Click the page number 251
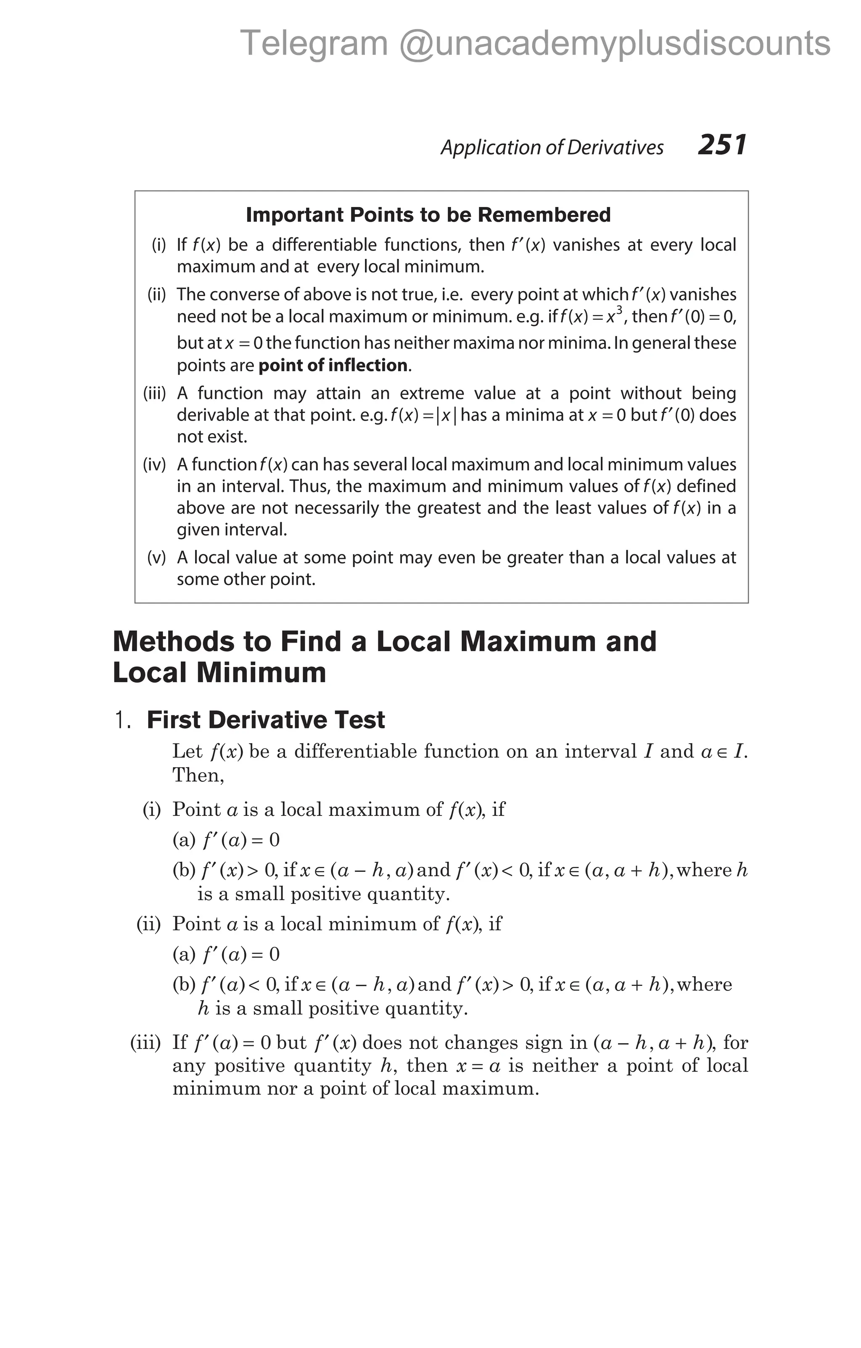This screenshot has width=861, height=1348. pos(722,145)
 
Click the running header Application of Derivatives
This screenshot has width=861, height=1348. pos(552,147)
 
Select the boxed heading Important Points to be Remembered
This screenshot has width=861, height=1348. pos(428,215)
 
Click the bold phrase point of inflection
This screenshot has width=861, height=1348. pos(332,365)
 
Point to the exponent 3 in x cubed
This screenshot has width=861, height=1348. pos(619,309)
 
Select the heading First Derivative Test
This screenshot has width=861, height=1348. pos(266,720)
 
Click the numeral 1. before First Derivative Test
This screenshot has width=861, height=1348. pos(122,720)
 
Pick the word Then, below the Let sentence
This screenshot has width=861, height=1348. pos(198,775)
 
